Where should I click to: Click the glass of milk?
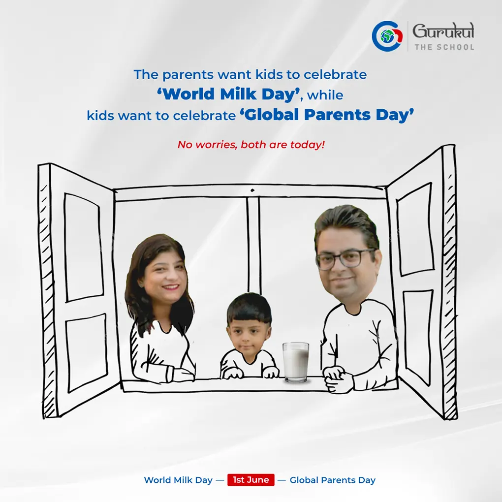[296, 362]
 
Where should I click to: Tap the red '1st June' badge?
[251, 479]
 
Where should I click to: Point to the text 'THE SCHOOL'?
[444, 47]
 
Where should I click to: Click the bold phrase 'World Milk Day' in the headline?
[228, 94]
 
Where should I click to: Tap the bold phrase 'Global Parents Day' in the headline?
[327, 115]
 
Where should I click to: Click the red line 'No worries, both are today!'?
[251, 145]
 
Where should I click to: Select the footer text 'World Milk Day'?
[178, 480]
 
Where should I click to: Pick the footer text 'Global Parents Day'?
[332, 480]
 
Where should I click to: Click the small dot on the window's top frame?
[252, 190]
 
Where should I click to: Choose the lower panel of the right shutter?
[418, 337]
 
